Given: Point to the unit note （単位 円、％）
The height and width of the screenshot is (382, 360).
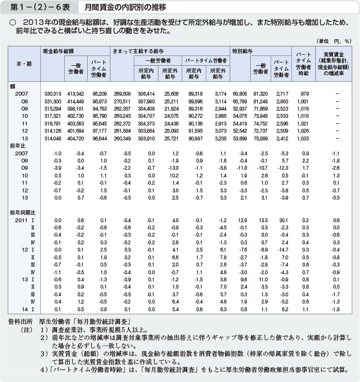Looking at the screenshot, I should pos(334,41).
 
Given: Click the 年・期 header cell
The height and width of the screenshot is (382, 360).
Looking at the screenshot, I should pos(24,64).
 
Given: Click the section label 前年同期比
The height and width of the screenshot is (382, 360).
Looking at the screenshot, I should pos(22,212).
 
